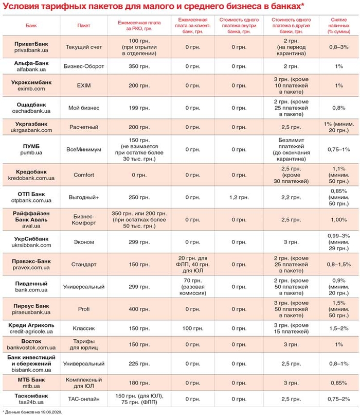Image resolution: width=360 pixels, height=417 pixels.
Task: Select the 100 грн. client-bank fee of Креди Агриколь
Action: pyautogui.click(x=192, y=328)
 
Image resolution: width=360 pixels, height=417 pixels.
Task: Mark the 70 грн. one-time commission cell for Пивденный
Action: pyautogui.click(x=192, y=286)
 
